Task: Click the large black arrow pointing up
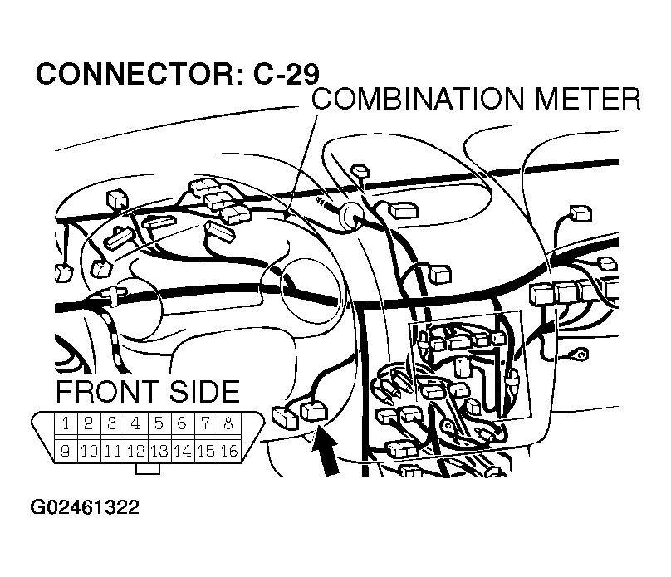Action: [x=326, y=452]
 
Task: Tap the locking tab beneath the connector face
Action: [x=147, y=469]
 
